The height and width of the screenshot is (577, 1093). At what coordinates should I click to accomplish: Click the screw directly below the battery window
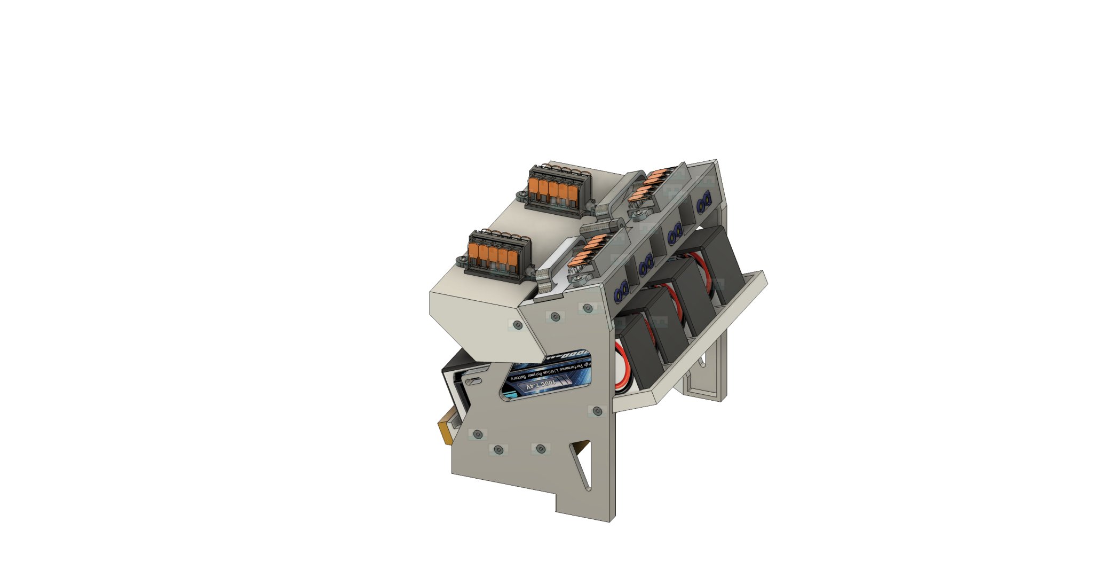597,411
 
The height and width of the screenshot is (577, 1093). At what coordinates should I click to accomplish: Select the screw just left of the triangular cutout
540,449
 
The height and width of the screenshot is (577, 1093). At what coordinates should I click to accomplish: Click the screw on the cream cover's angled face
516,324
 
